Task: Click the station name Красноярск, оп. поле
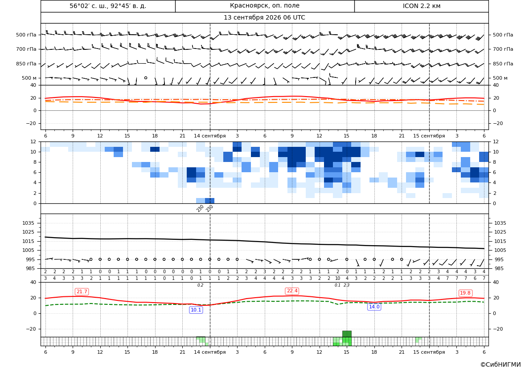tap(264, 6)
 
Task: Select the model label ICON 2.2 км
tap(421, 6)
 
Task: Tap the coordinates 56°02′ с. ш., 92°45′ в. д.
tap(108, 6)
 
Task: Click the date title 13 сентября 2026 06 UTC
tap(264, 18)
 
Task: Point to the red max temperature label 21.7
tap(82, 291)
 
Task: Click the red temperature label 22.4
tap(292, 291)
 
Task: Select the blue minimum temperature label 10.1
tap(196, 310)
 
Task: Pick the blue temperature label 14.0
tap(374, 307)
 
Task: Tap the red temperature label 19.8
tap(465, 293)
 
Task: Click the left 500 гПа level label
tap(26, 35)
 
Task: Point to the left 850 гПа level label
tap(26, 64)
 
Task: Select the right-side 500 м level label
tap(500, 78)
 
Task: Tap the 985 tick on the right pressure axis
tap(500, 268)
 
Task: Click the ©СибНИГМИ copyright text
tap(500, 365)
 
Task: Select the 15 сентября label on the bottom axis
tap(429, 352)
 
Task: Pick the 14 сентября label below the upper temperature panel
tap(209, 136)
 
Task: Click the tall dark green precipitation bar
tap(347, 334)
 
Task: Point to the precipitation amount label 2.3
tap(347, 285)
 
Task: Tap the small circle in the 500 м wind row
tap(146, 78)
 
